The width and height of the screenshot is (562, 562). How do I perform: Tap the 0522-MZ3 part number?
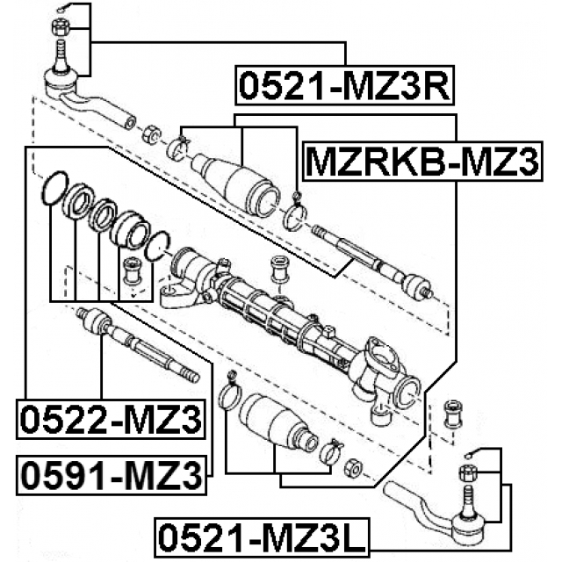point(110,420)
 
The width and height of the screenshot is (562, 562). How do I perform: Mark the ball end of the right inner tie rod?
point(414,287)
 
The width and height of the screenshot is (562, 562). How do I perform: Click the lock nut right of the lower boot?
point(353,468)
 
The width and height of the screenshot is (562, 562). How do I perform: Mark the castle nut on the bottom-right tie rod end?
point(466,475)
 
